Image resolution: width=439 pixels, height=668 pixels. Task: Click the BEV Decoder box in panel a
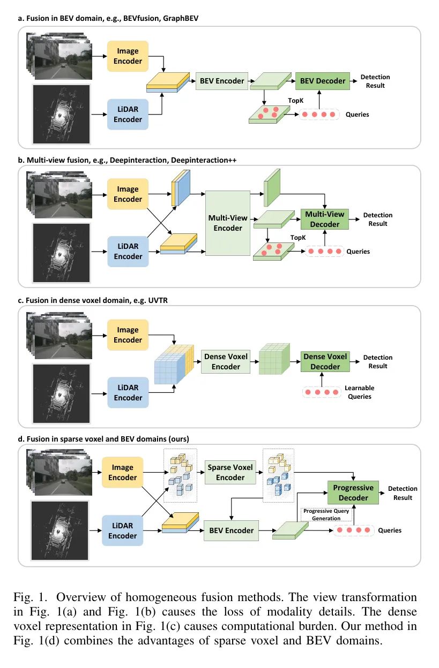click(323, 81)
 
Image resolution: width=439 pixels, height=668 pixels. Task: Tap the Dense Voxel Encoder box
click(226, 361)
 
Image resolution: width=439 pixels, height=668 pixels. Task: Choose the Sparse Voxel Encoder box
click(230, 472)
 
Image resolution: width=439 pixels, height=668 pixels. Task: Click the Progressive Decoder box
click(353, 493)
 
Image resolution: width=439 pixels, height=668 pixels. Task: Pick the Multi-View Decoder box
click(325, 219)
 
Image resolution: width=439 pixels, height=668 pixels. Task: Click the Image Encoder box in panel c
click(128, 335)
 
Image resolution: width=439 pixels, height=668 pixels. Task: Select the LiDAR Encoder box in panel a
click(128, 114)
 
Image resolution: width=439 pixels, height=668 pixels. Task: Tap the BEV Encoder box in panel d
click(231, 530)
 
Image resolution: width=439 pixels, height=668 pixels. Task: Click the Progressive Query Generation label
click(326, 514)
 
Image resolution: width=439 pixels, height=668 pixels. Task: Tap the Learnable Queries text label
click(359, 392)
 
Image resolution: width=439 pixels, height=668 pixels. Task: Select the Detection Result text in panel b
click(377, 219)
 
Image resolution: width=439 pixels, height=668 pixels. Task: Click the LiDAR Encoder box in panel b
click(128, 252)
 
